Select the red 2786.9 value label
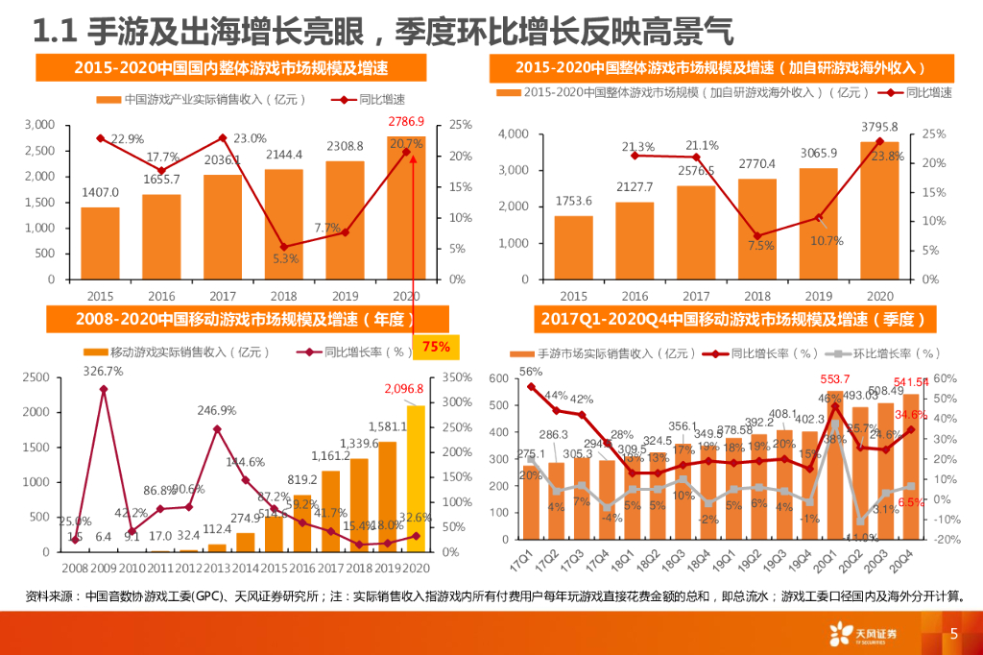[406, 122]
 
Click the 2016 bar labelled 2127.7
[635, 240]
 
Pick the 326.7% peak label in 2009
[103, 371]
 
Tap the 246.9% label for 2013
[217, 410]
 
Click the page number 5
[953, 634]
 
